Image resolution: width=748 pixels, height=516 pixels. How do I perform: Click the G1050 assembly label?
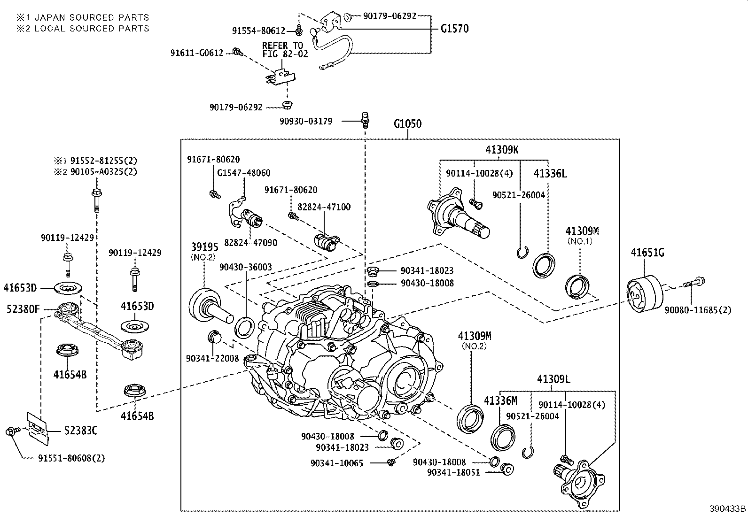coord(407,124)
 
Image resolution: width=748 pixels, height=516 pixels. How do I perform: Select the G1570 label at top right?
coord(454,29)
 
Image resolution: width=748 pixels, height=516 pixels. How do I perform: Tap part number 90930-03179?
coord(305,121)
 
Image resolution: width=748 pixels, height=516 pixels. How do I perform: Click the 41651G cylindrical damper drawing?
coord(645,293)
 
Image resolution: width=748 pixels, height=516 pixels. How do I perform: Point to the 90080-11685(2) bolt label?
coord(698,310)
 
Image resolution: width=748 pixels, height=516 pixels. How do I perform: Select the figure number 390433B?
coord(727,508)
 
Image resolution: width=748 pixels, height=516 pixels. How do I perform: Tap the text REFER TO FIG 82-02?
coord(285,49)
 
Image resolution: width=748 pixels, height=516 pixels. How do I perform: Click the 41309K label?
coord(502,150)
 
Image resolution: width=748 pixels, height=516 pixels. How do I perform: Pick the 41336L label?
coord(550,174)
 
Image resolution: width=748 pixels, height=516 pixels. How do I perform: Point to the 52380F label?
coord(23,309)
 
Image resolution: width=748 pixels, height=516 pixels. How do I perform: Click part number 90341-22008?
coord(212,358)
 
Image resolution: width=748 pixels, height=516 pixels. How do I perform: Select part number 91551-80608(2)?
coord(71,458)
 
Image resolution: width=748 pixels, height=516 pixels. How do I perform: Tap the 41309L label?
coord(553,379)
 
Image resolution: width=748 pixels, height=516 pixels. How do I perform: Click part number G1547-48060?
coord(243,173)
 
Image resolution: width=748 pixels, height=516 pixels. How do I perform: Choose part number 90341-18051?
coord(453,472)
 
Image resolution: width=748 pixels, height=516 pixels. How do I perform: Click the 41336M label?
coord(500,400)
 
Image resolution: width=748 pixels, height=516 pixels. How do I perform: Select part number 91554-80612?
coord(258,31)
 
